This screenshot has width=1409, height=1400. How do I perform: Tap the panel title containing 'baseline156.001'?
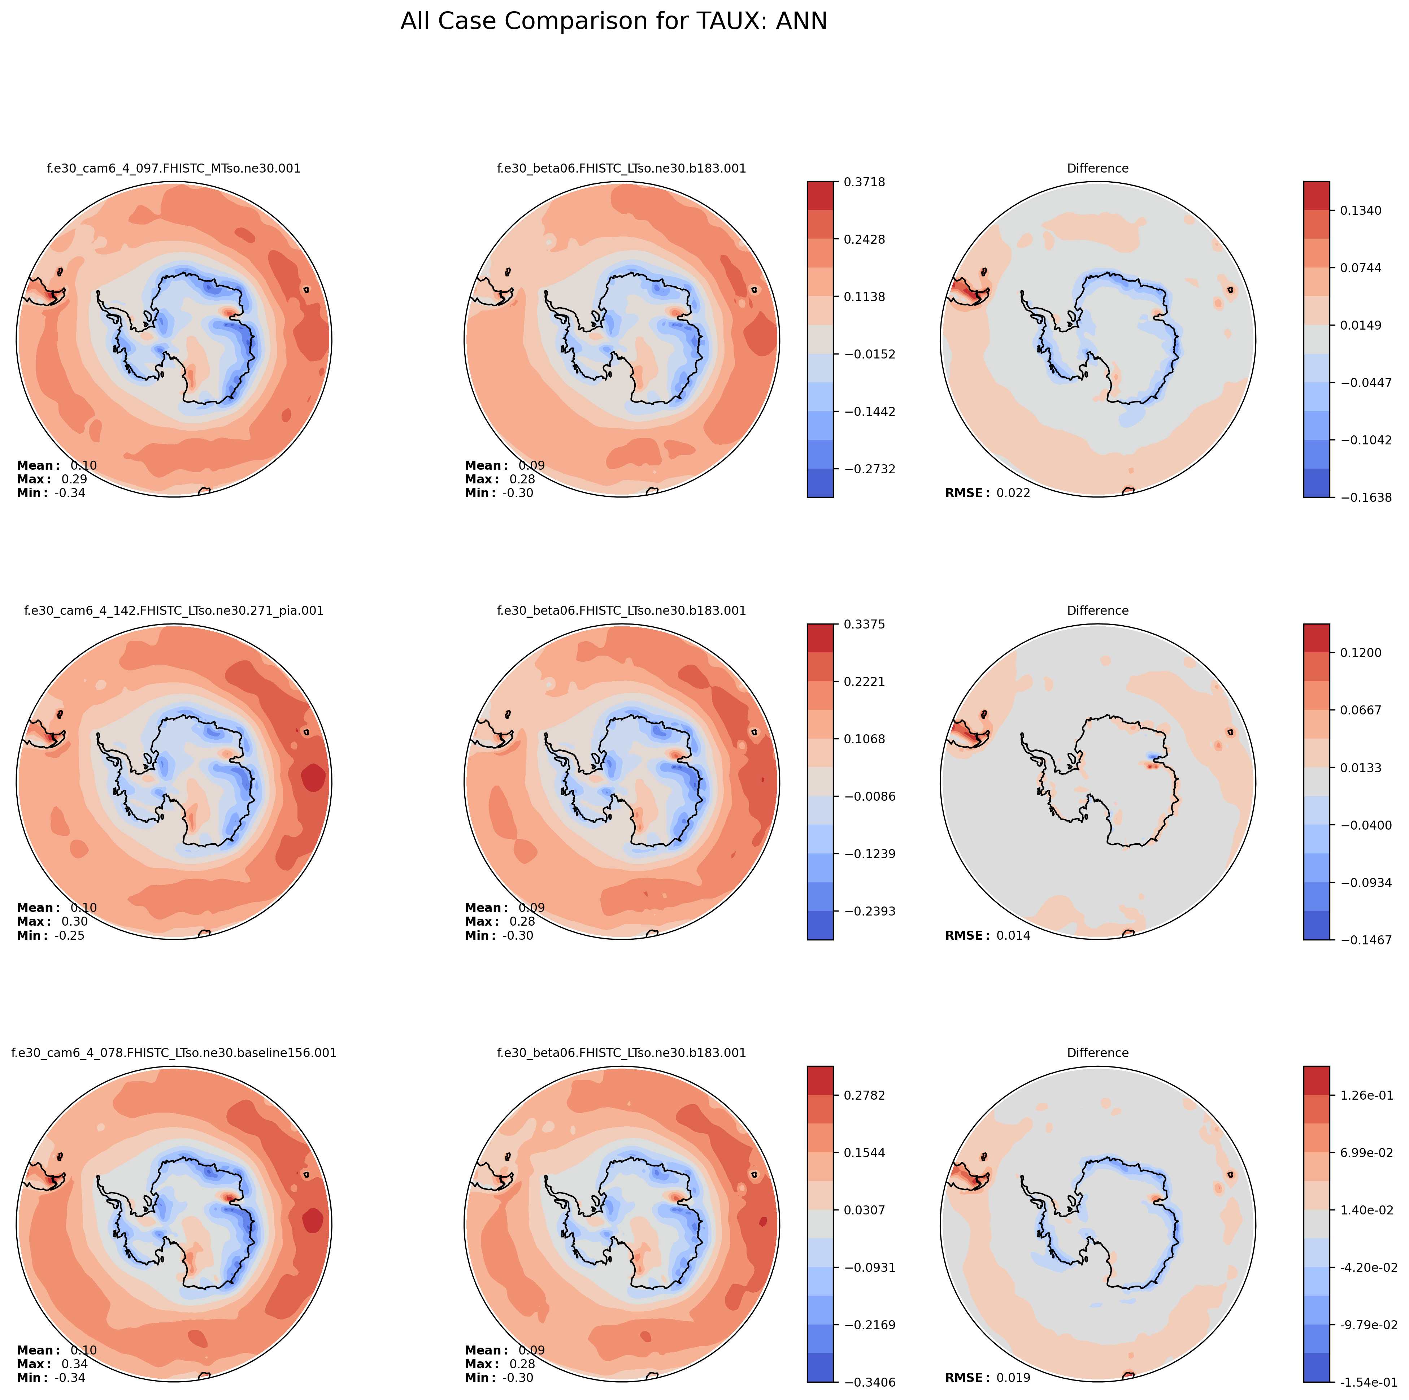tap(174, 1053)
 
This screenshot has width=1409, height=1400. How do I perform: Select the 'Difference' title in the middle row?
tap(1097, 611)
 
